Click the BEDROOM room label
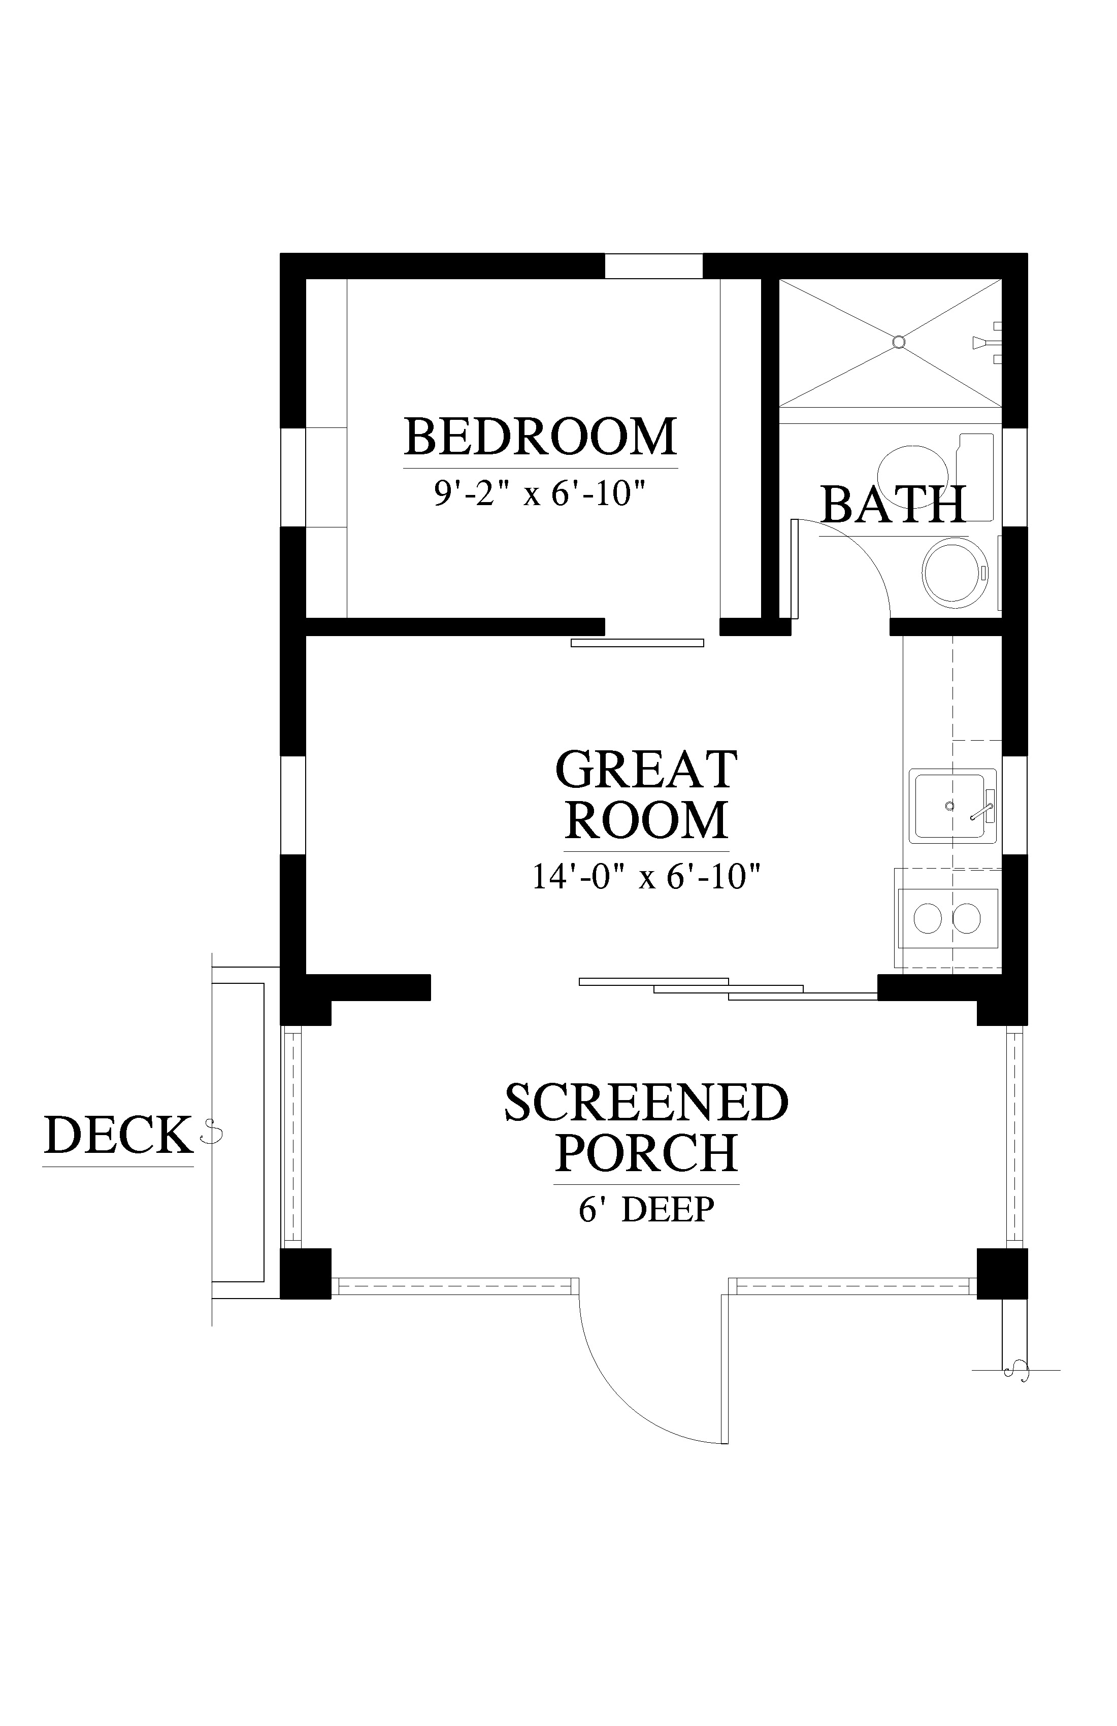click(x=540, y=436)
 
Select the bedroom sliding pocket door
click(x=638, y=643)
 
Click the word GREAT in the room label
click(x=646, y=770)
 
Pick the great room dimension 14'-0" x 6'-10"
click(x=646, y=876)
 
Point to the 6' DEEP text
click(x=646, y=1209)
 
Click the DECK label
click(x=118, y=1135)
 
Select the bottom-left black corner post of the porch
click(x=305, y=1273)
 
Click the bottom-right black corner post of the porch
click(x=1002, y=1273)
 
